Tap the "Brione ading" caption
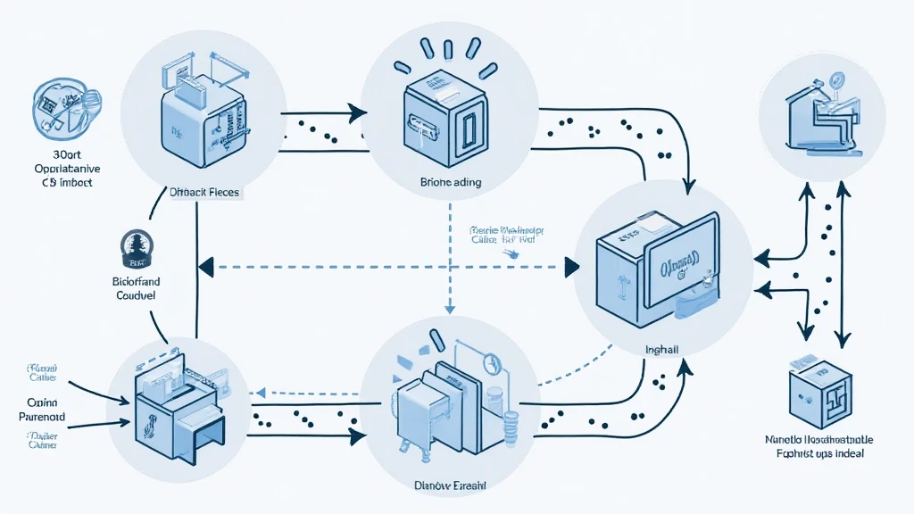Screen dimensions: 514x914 coord(450,182)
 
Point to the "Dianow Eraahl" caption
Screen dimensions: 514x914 coord(449,486)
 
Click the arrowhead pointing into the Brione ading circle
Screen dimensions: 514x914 coord(358,113)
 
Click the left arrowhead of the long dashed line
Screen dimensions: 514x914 coord(204,265)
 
